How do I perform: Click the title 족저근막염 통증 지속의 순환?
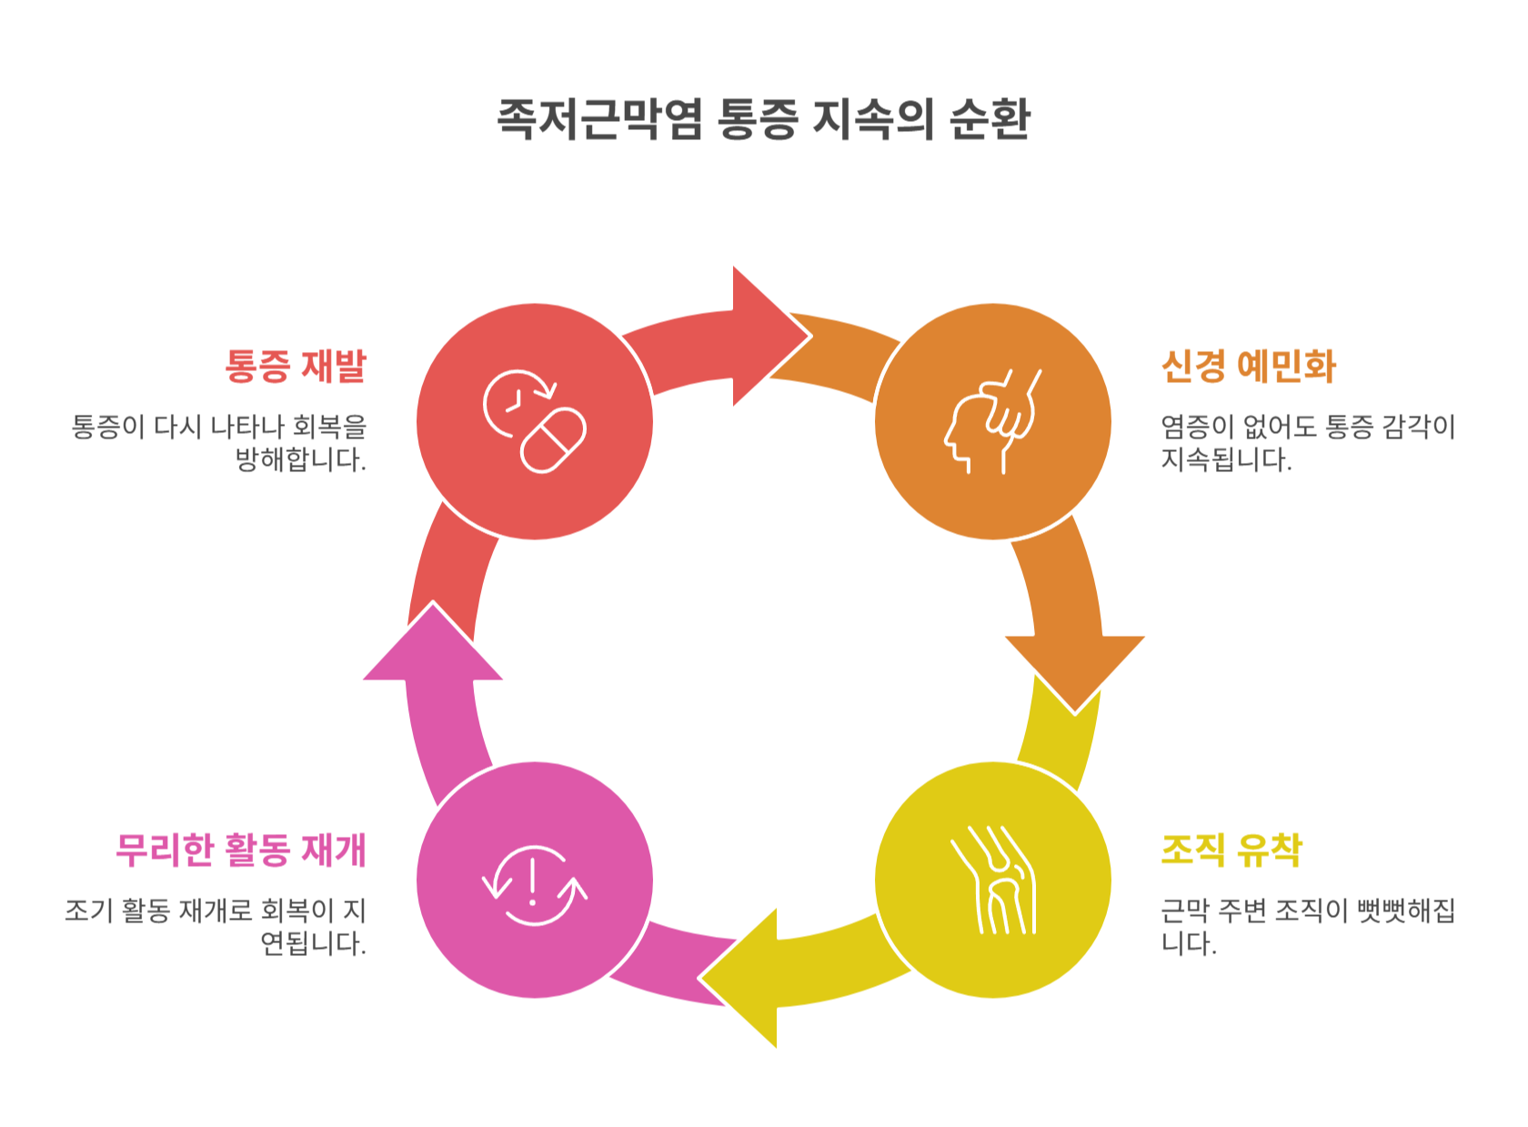[763, 119]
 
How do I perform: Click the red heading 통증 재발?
[296, 366]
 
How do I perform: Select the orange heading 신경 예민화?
[1248, 366]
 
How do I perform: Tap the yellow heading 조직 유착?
[1231, 850]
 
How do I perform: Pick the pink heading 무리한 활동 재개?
[241, 850]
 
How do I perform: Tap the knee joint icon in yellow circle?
[992, 880]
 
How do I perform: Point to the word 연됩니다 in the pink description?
[313, 943]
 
